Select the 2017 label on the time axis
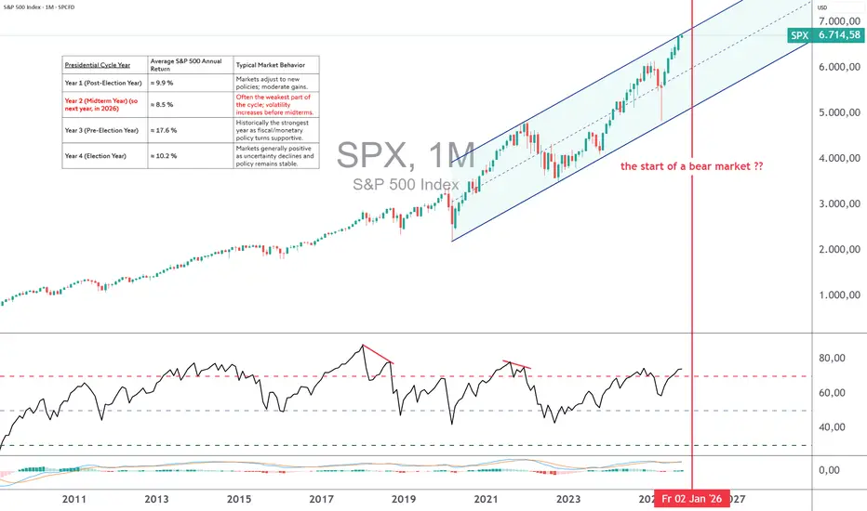[x=323, y=499]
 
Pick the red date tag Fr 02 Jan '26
[x=692, y=499]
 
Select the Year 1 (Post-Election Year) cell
[x=101, y=82]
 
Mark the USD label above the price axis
[x=823, y=7]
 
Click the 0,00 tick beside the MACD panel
[x=834, y=471]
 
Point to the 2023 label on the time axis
[x=567, y=499]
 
